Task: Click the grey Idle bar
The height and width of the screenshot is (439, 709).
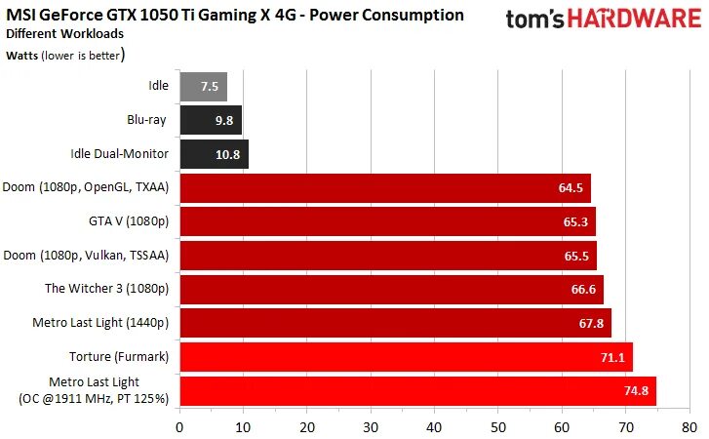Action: click(203, 86)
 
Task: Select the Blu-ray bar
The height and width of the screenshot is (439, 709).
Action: click(211, 120)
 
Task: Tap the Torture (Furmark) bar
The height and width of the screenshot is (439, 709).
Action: click(406, 357)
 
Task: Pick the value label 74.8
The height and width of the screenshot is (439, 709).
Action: click(636, 391)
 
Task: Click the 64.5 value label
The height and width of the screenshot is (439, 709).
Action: click(571, 188)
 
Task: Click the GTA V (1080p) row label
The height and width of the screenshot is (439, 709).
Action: click(129, 221)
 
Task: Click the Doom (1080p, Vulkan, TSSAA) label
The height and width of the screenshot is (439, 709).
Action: click(87, 256)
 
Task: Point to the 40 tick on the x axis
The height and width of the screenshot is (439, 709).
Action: click(435, 426)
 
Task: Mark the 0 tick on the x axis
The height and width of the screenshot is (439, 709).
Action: click(179, 426)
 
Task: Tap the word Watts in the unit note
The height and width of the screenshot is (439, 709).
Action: click(23, 55)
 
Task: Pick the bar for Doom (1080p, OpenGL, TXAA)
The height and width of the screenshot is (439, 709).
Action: click(385, 188)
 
